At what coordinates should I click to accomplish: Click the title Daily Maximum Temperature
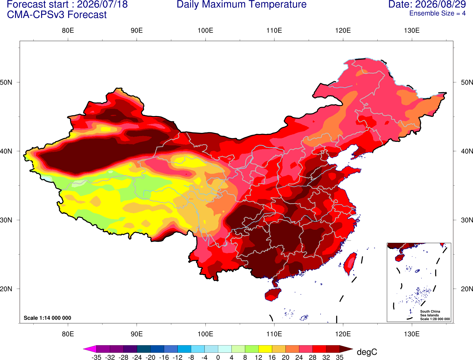click(x=241, y=4)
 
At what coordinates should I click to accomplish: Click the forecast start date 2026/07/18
click(x=102, y=4)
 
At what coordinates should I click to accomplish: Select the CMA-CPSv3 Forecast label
click(x=57, y=15)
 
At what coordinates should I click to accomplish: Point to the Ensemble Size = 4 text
click(x=437, y=13)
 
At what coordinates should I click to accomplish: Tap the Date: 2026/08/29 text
click(x=427, y=4)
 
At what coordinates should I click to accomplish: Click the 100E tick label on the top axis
click(x=205, y=30)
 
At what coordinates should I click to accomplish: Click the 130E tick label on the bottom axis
click(x=412, y=334)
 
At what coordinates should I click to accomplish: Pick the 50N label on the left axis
click(x=6, y=82)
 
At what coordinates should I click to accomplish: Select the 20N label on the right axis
click(x=467, y=289)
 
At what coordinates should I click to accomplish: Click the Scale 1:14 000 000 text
click(x=48, y=318)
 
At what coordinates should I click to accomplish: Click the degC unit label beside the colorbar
click(x=367, y=352)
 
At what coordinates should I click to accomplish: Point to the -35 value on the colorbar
click(x=96, y=357)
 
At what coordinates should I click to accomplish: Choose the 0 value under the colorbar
click(x=218, y=357)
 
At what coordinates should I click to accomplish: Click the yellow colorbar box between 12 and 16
click(x=265, y=349)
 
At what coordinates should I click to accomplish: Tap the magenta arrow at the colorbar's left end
click(x=90, y=349)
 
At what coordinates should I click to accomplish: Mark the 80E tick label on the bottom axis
click(x=68, y=334)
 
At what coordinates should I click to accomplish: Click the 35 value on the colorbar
click(x=340, y=357)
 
